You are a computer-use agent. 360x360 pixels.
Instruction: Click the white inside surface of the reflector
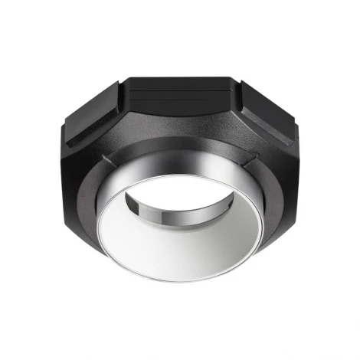coord(184,245)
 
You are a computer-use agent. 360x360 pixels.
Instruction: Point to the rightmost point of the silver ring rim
coord(270,230)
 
